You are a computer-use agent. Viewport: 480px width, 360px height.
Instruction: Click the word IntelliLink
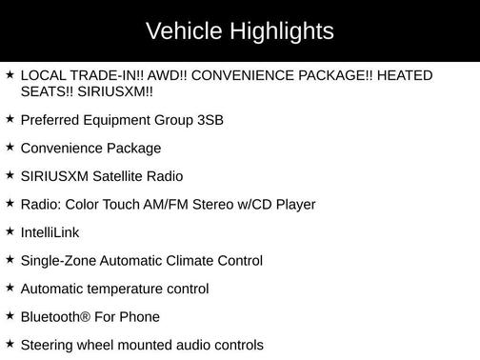(50, 232)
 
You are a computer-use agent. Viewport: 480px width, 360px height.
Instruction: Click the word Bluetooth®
(56, 316)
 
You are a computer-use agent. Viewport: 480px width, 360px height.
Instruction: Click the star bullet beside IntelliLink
(10, 231)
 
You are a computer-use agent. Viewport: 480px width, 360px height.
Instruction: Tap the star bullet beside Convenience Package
(10, 148)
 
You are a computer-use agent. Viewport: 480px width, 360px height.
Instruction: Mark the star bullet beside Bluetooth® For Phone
(10, 315)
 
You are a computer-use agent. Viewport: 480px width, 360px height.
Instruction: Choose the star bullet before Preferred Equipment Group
(10, 119)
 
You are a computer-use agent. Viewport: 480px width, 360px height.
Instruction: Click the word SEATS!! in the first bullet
(49, 91)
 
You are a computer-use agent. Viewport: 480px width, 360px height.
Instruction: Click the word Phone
(139, 316)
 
